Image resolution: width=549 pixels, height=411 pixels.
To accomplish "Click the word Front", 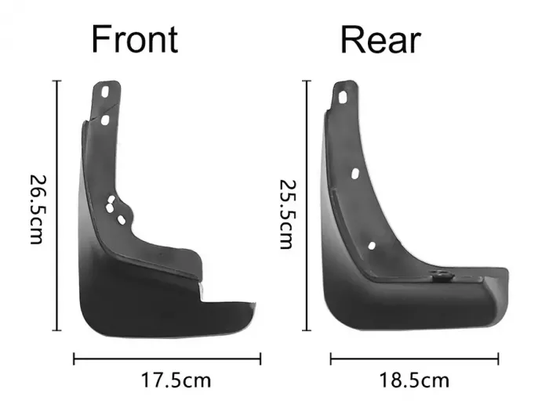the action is [135, 39].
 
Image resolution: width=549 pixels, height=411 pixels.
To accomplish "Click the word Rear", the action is [380, 40].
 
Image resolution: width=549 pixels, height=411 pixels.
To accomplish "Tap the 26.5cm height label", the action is [37, 209].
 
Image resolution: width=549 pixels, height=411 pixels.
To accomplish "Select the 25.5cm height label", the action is [288, 215].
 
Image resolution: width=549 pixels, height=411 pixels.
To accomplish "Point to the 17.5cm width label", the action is [176, 380].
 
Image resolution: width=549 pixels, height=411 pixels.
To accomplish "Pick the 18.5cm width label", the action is [414, 380].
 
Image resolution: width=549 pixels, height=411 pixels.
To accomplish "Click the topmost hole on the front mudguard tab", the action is [104, 92].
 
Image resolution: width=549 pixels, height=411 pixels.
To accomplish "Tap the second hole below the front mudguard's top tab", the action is [104, 121].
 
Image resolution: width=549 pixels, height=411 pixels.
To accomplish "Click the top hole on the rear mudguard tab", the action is [343, 97].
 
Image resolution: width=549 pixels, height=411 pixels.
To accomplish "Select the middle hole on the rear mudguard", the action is [354, 174].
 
